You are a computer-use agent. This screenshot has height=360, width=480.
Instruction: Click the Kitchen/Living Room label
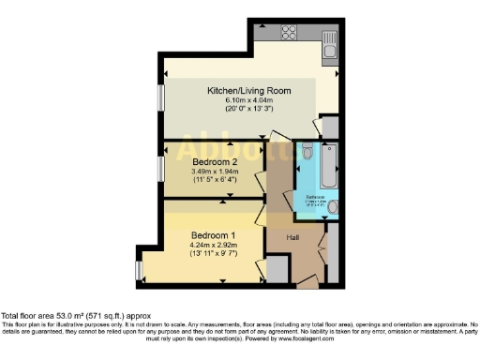(248, 91)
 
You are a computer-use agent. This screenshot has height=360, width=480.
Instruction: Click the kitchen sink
(330, 40)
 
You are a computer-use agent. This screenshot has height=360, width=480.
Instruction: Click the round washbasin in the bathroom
(334, 206)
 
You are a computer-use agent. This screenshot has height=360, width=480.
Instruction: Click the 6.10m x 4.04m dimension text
(248, 100)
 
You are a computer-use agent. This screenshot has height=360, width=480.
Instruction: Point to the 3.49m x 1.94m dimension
(215, 172)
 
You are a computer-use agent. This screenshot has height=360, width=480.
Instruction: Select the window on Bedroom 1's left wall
(139, 270)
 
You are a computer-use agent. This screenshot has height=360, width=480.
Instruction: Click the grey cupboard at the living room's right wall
(329, 127)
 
